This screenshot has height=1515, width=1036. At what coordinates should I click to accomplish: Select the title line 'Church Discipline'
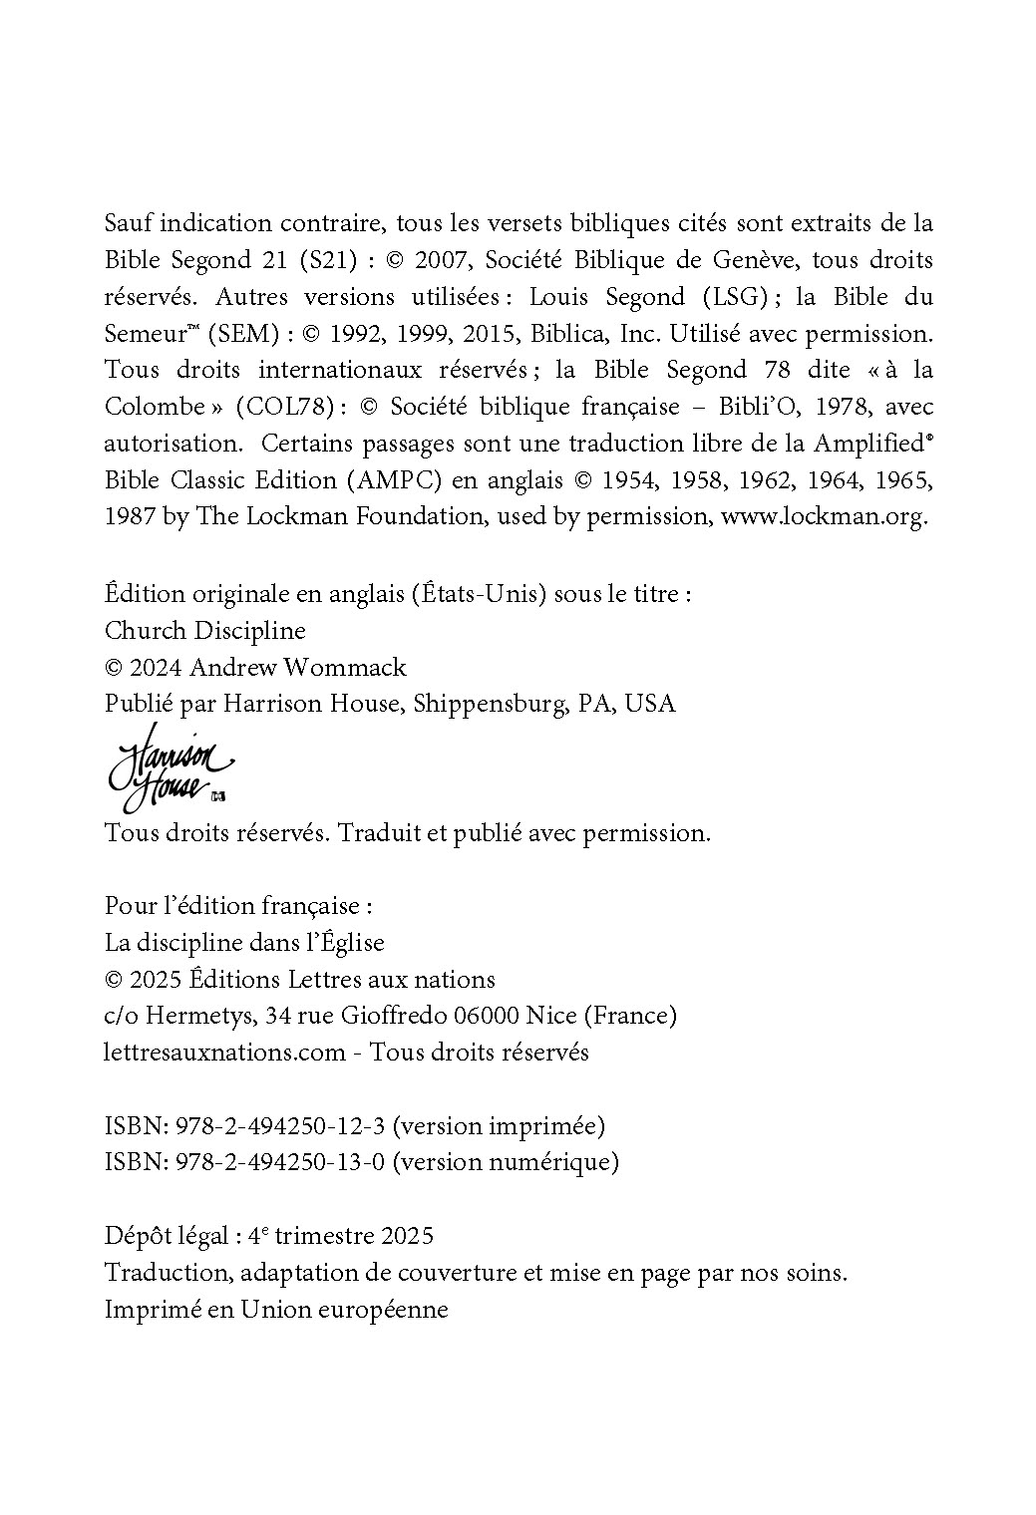coord(204,631)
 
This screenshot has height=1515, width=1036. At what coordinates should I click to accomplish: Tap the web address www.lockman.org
coord(824,516)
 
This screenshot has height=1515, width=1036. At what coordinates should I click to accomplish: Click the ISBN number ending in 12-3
coord(280,1126)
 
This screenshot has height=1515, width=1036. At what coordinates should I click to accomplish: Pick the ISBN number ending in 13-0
coord(280,1162)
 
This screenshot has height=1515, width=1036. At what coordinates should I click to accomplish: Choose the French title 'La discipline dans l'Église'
coord(244,942)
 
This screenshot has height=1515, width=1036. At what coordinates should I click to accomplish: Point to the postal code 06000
coord(487,1016)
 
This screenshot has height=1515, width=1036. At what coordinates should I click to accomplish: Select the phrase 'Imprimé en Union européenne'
coord(276,1310)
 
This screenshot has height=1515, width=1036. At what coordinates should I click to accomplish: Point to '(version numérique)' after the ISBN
coord(506,1162)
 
